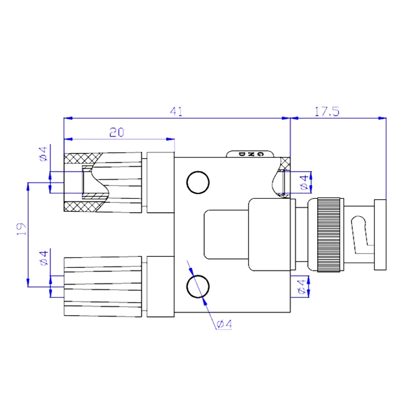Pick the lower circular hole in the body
(198, 287)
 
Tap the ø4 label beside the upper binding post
(44, 153)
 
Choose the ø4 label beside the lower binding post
(44, 258)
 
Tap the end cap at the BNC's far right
(381, 235)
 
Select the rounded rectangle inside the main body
(226, 235)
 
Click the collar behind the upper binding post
(160, 182)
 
